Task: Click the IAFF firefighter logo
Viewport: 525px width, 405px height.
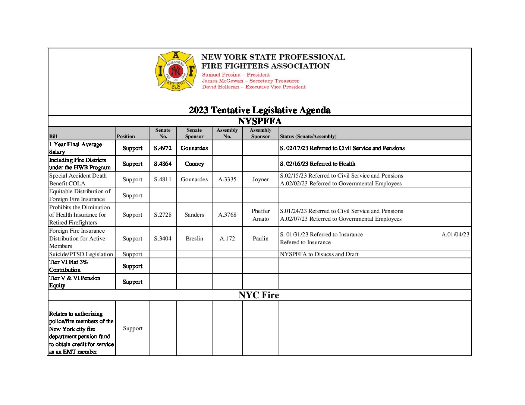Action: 176,71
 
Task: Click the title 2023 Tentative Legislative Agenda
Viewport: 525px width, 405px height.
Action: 260,110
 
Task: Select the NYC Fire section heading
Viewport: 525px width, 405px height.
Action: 259,295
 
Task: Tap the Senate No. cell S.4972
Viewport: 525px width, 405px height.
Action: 163,148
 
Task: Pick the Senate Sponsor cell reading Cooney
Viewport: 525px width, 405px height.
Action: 194,164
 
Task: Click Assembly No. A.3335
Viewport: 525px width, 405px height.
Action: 227,179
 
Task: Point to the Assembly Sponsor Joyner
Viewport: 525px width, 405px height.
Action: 260,179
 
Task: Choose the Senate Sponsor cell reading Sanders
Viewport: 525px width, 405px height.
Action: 194,215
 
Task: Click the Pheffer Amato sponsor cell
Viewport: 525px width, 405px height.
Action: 260,215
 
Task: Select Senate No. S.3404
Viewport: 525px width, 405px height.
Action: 163,239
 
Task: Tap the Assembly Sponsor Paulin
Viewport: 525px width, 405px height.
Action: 260,239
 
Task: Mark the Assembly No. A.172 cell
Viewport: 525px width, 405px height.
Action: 227,239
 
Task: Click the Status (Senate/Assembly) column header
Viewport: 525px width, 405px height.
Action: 308,137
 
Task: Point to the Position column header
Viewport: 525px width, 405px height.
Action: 126,137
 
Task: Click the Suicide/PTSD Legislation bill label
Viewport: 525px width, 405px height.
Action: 81,254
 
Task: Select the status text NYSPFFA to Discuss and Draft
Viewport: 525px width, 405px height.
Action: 319,254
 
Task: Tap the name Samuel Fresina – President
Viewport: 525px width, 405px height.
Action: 236,75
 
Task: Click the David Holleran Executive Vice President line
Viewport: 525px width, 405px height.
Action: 254,87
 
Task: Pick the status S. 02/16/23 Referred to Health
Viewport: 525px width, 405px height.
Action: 318,164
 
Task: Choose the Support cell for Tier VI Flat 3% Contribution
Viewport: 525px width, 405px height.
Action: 132,266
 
